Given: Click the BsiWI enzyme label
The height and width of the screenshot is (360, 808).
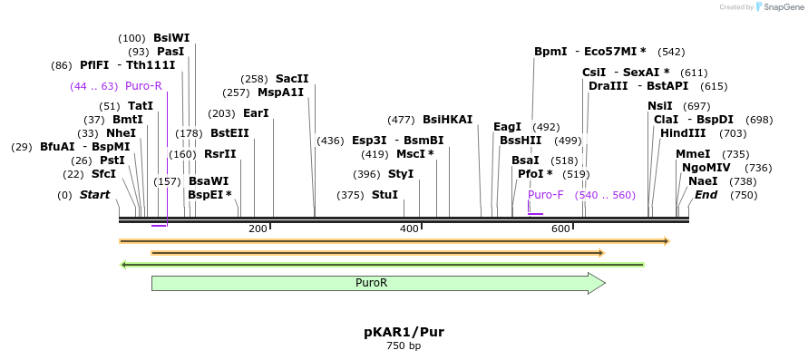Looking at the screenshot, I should (171, 37).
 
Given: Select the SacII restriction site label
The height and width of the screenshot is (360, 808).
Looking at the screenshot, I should (292, 79).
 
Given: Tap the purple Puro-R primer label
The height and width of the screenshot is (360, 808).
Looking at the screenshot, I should (143, 86).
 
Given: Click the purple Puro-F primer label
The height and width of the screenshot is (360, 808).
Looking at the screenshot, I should (546, 195).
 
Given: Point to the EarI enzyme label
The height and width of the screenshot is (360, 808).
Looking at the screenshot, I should (256, 113).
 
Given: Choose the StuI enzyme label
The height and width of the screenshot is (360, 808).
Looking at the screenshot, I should (385, 195).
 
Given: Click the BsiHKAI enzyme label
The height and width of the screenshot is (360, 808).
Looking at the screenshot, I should (447, 120).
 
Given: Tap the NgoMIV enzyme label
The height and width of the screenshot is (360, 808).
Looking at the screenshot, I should (701, 168).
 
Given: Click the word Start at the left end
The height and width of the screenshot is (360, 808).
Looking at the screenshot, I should (94, 195).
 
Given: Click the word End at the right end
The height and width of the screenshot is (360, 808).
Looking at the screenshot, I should (706, 195).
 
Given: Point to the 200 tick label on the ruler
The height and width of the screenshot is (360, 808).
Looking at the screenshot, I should (258, 229).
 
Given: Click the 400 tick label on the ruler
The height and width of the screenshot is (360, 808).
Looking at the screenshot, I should (409, 229).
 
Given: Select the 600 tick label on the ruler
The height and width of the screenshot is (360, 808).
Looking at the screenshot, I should (560, 229).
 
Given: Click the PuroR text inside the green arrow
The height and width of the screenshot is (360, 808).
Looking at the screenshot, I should (372, 283).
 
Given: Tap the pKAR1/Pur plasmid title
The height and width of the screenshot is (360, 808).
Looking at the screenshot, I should (404, 332).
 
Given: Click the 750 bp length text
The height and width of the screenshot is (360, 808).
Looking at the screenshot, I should (404, 346).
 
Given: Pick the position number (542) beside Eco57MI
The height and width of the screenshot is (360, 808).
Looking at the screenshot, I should (671, 52).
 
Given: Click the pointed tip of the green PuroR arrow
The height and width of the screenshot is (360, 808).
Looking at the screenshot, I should (604, 283).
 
